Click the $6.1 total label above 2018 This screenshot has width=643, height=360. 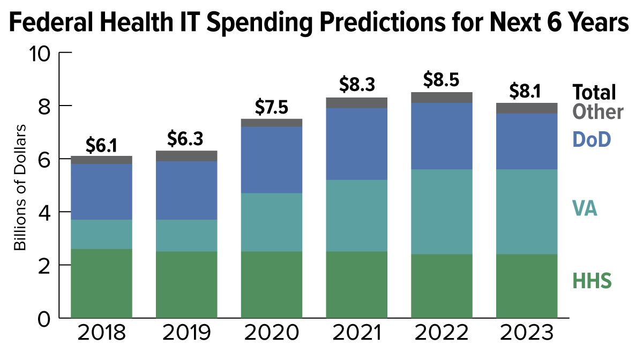(101, 145)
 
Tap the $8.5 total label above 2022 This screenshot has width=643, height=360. (441, 79)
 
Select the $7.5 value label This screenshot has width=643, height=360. (271, 107)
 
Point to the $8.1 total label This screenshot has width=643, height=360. (525, 91)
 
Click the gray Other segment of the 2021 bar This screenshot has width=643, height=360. (356, 103)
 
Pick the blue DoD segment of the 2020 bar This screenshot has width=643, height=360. (272, 160)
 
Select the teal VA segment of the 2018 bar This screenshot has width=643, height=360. (101, 234)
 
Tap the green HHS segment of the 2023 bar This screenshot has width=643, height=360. (527, 286)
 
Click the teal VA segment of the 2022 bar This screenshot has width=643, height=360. (442, 212)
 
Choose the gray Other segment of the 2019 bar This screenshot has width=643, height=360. (186, 156)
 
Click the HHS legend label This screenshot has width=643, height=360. (592, 281)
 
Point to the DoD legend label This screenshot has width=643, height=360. (592, 139)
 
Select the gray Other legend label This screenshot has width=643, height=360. (598, 111)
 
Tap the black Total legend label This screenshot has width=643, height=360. (594, 92)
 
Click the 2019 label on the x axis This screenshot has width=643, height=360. (186, 333)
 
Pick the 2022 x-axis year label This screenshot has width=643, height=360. (442, 333)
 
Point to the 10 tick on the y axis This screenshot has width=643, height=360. (40, 54)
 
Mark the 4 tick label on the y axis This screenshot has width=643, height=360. (44, 213)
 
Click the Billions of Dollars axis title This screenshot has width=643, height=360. (20, 188)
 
